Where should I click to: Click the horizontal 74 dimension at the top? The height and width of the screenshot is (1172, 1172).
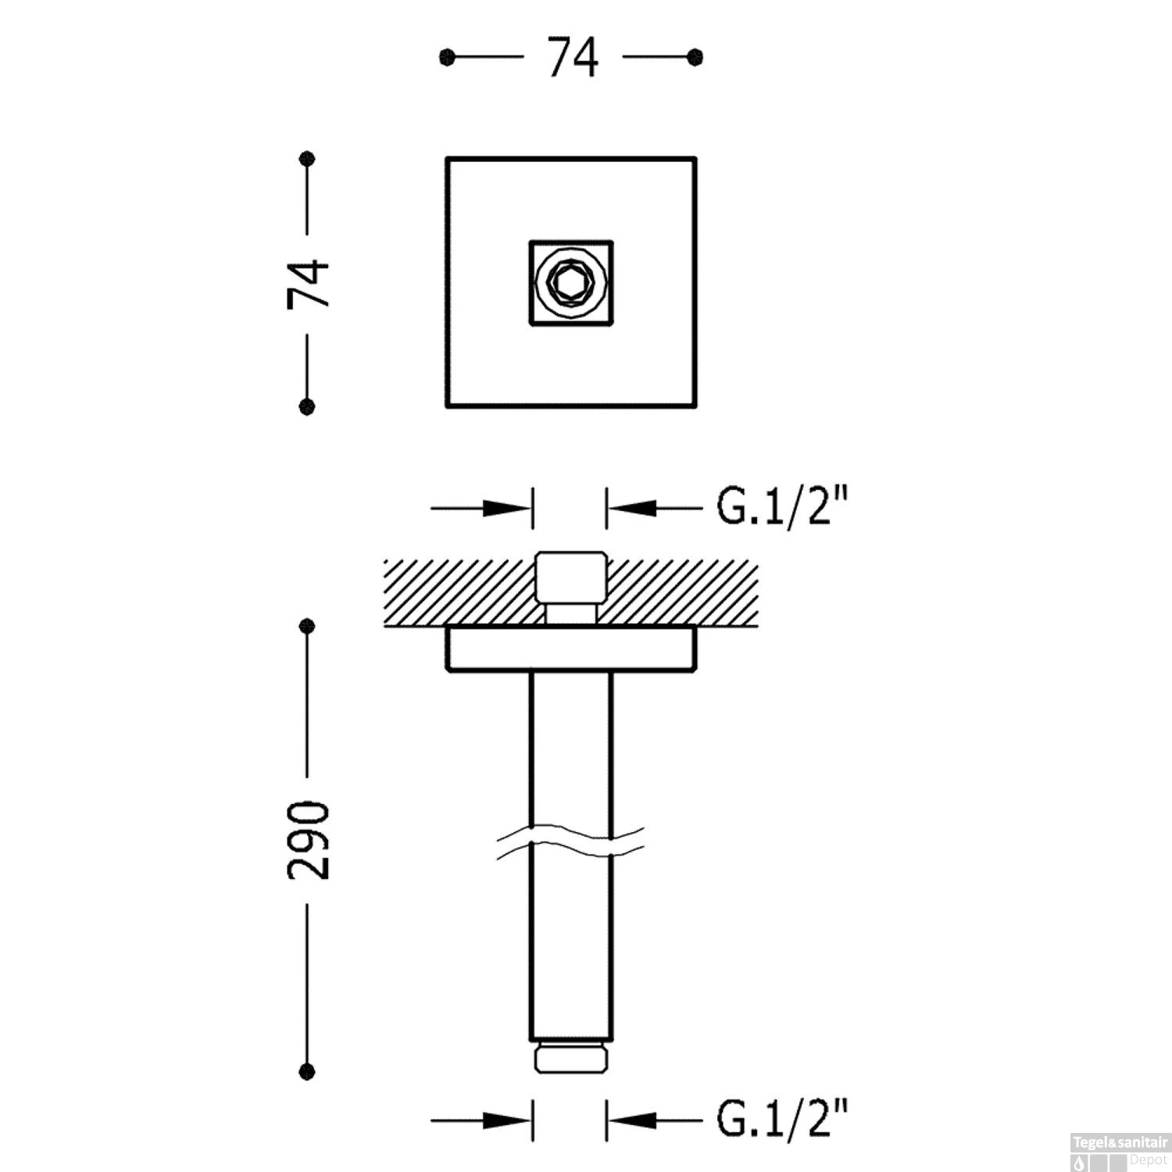(x=573, y=58)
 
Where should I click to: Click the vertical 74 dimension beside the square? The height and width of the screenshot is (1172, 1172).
(x=308, y=284)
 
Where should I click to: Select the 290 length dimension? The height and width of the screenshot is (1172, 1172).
(x=308, y=839)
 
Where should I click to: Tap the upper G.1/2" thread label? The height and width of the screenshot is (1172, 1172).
(x=782, y=508)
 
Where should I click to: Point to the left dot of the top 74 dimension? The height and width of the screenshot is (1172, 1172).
(x=447, y=57)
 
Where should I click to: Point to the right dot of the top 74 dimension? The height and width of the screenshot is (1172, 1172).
(x=695, y=57)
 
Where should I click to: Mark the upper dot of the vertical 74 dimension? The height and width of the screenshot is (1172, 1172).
(x=308, y=159)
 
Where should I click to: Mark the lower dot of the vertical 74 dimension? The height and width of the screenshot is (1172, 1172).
(x=308, y=406)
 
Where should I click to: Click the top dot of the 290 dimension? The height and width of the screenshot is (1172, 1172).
(x=308, y=626)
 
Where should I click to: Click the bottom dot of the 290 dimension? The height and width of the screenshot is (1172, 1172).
(x=308, y=1071)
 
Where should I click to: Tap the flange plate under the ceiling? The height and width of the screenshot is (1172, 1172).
(x=570, y=649)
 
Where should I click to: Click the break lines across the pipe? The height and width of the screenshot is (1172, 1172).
(x=570, y=842)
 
